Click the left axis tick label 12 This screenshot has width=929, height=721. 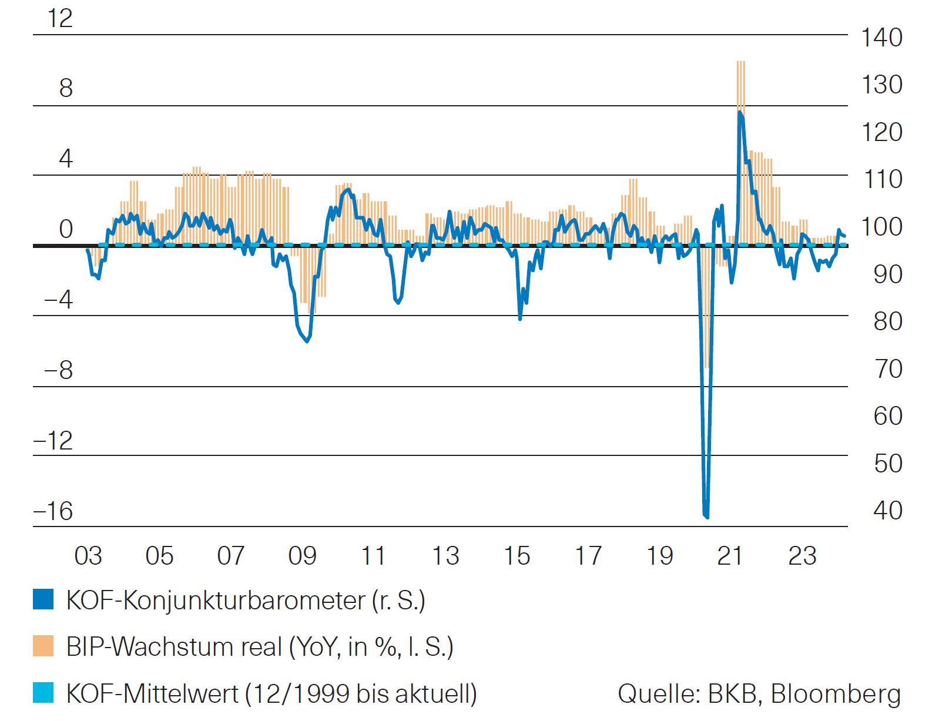[60, 18]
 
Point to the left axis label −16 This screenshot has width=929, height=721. [53, 511]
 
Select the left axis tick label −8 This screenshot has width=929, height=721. [58, 370]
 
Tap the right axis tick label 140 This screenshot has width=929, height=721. [881, 38]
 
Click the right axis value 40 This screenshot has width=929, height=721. [888, 510]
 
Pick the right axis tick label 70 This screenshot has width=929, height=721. [888, 369]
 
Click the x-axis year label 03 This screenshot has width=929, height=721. [88, 555]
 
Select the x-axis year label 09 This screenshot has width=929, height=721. [302, 555]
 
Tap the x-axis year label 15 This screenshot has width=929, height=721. [517, 555]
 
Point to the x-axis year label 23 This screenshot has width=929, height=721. [802, 555]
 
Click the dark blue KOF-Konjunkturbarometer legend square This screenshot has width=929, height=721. [43, 600]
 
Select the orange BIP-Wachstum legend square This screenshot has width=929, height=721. [43, 646]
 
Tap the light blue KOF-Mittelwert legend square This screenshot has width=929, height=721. [43, 693]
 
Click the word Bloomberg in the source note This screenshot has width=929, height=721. [836, 694]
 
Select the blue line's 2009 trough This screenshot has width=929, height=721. [307, 341]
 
